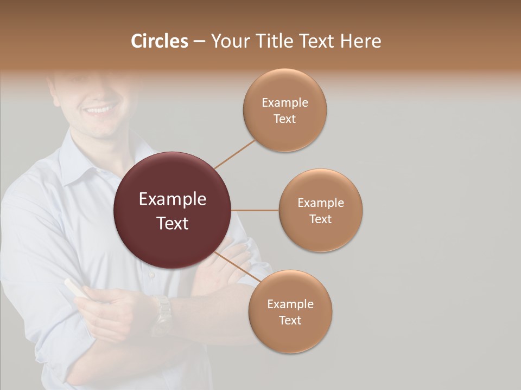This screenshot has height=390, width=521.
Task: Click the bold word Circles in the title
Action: [x=160, y=41]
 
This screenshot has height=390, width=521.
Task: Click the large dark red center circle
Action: [x=173, y=210]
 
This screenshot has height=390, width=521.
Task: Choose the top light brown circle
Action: [x=284, y=110]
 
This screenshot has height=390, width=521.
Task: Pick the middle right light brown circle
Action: [x=320, y=210]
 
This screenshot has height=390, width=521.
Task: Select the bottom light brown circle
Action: [x=290, y=311]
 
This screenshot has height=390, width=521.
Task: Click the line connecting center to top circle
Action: [x=234, y=154]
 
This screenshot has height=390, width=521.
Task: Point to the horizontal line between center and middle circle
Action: [x=255, y=210]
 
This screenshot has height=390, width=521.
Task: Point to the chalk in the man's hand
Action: [x=75, y=288]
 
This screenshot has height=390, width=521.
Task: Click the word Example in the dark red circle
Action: [x=173, y=199]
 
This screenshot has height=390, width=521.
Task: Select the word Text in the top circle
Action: [x=284, y=119]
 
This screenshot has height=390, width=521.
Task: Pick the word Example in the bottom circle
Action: [x=290, y=304]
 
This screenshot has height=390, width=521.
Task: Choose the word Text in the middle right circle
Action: [x=320, y=219]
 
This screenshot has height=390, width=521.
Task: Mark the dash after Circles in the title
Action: [x=199, y=41]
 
